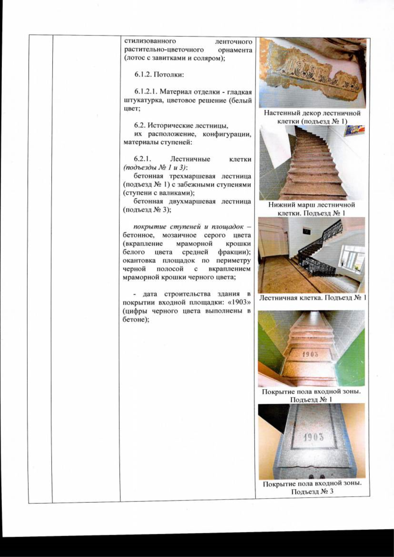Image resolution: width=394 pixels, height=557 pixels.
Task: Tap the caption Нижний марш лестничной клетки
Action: point(311,209)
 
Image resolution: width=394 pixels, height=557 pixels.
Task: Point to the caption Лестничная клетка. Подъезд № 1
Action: point(312,298)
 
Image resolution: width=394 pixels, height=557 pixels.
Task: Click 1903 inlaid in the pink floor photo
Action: point(310,354)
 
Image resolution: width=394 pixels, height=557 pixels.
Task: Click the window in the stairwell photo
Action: point(352,258)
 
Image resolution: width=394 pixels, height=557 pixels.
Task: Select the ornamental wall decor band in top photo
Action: point(312,76)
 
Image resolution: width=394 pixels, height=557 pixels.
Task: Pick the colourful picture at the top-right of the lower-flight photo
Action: point(355,130)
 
